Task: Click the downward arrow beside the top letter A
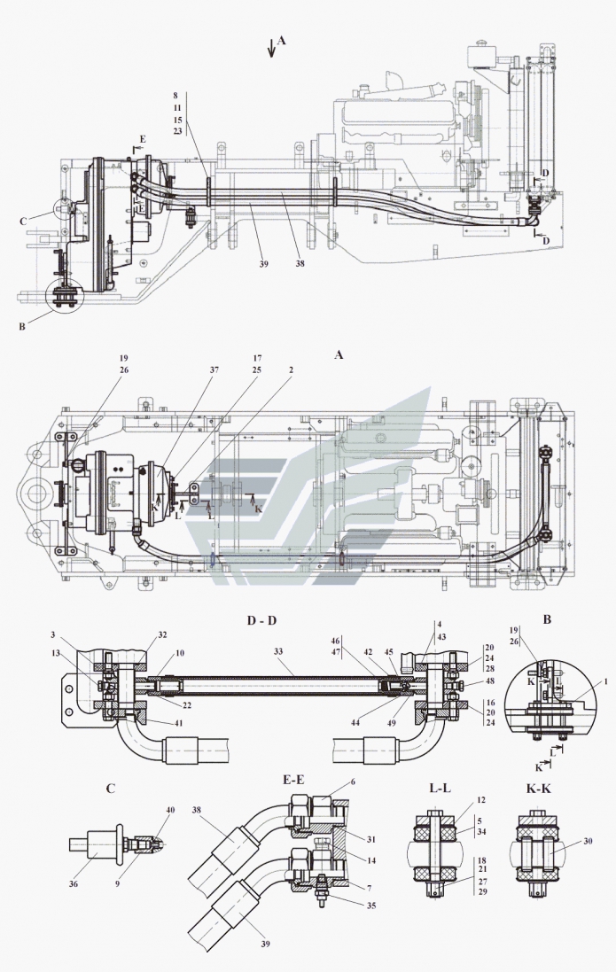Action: tap(271, 50)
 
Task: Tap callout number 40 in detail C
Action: tap(170, 809)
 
